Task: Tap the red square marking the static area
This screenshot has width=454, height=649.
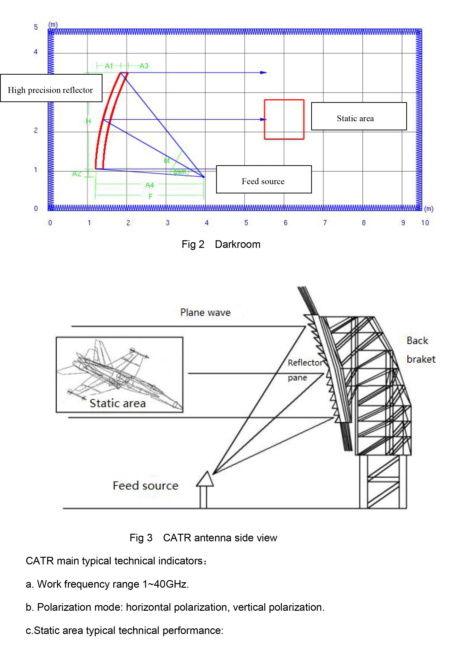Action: click(x=284, y=119)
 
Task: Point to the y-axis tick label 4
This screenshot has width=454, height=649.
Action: click(x=36, y=52)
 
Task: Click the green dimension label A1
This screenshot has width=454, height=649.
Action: click(x=109, y=66)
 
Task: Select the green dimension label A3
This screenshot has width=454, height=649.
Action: click(x=144, y=66)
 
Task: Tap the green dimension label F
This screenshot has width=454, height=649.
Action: click(x=150, y=196)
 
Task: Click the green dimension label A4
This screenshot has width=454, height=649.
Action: click(x=150, y=185)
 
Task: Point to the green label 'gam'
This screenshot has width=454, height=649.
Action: click(x=179, y=172)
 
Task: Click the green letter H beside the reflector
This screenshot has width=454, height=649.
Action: click(x=88, y=121)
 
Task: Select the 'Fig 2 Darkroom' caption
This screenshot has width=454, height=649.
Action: click(x=221, y=244)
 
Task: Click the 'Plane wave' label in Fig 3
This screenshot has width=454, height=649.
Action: click(x=205, y=312)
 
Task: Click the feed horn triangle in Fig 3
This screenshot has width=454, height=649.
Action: click(x=205, y=479)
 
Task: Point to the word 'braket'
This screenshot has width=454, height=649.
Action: click(x=421, y=359)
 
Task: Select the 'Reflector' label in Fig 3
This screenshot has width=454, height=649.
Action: click(x=305, y=363)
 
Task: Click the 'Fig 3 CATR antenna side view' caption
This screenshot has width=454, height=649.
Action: click(x=203, y=538)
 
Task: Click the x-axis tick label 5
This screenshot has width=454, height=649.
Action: click(x=246, y=223)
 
